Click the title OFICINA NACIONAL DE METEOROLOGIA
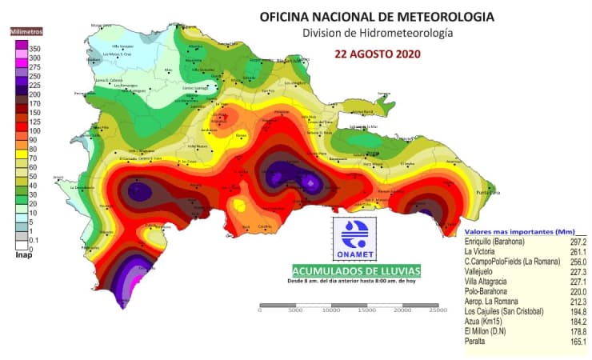tap(377, 16)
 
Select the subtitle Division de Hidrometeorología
tap(377, 34)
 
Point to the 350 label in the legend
tap(35, 50)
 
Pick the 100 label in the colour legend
tap(35, 130)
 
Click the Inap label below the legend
tap(23, 256)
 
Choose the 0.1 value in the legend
tap(34, 240)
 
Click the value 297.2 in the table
tap(576, 242)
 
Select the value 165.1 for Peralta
tap(576, 342)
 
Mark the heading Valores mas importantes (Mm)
tap(514, 230)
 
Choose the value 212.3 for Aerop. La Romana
tap(576, 298)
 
